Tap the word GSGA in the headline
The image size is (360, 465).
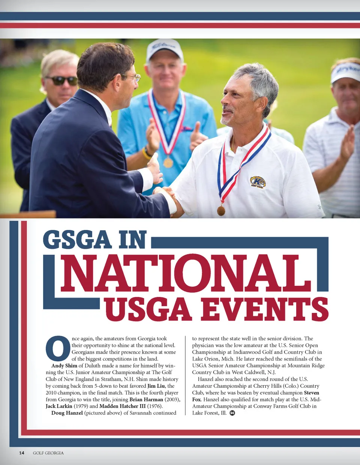pyautogui.click(x=77, y=240)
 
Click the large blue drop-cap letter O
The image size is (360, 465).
pyautogui.click(x=58, y=348)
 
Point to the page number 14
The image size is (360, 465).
pyautogui.click(x=22, y=453)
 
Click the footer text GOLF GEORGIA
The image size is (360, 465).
pyautogui.click(x=48, y=453)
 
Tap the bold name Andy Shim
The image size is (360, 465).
pyautogui.click(x=64, y=366)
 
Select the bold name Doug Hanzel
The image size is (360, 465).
pyautogui.click(x=67, y=413)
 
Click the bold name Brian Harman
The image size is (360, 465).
pyautogui.click(x=146, y=399)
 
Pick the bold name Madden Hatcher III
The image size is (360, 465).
pyautogui.click(x=122, y=406)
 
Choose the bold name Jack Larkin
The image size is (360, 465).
pyautogui.click(x=59, y=406)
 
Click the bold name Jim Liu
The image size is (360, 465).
pyautogui.click(x=156, y=386)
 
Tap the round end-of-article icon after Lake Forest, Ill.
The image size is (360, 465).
pyautogui.click(x=232, y=413)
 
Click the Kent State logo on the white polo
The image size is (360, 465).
pyautogui.click(x=258, y=182)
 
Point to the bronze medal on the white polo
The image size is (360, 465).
pyautogui.click(x=221, y=211)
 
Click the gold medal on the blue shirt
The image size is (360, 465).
pyautogui.click(x=168, y=162)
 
